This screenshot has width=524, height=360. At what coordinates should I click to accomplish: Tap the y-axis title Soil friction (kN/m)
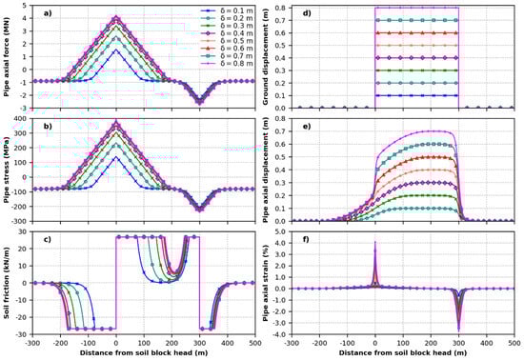(8, 282)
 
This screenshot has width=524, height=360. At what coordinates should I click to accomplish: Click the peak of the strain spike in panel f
(375, 243)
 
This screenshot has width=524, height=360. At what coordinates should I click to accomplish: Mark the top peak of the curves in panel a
(116, 17)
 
